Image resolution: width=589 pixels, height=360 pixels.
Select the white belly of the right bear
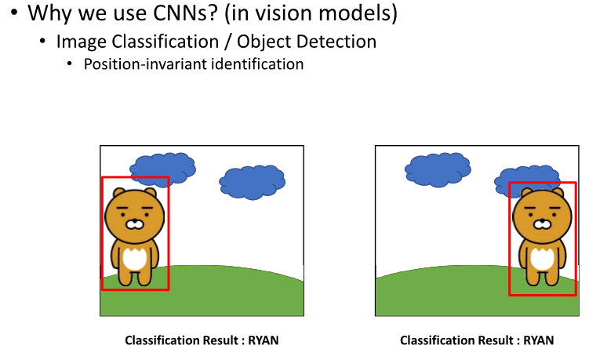[541, 259]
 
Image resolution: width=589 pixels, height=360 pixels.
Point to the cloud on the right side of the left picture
[252, 181]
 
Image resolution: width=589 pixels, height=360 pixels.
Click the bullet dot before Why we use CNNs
[15, 14]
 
